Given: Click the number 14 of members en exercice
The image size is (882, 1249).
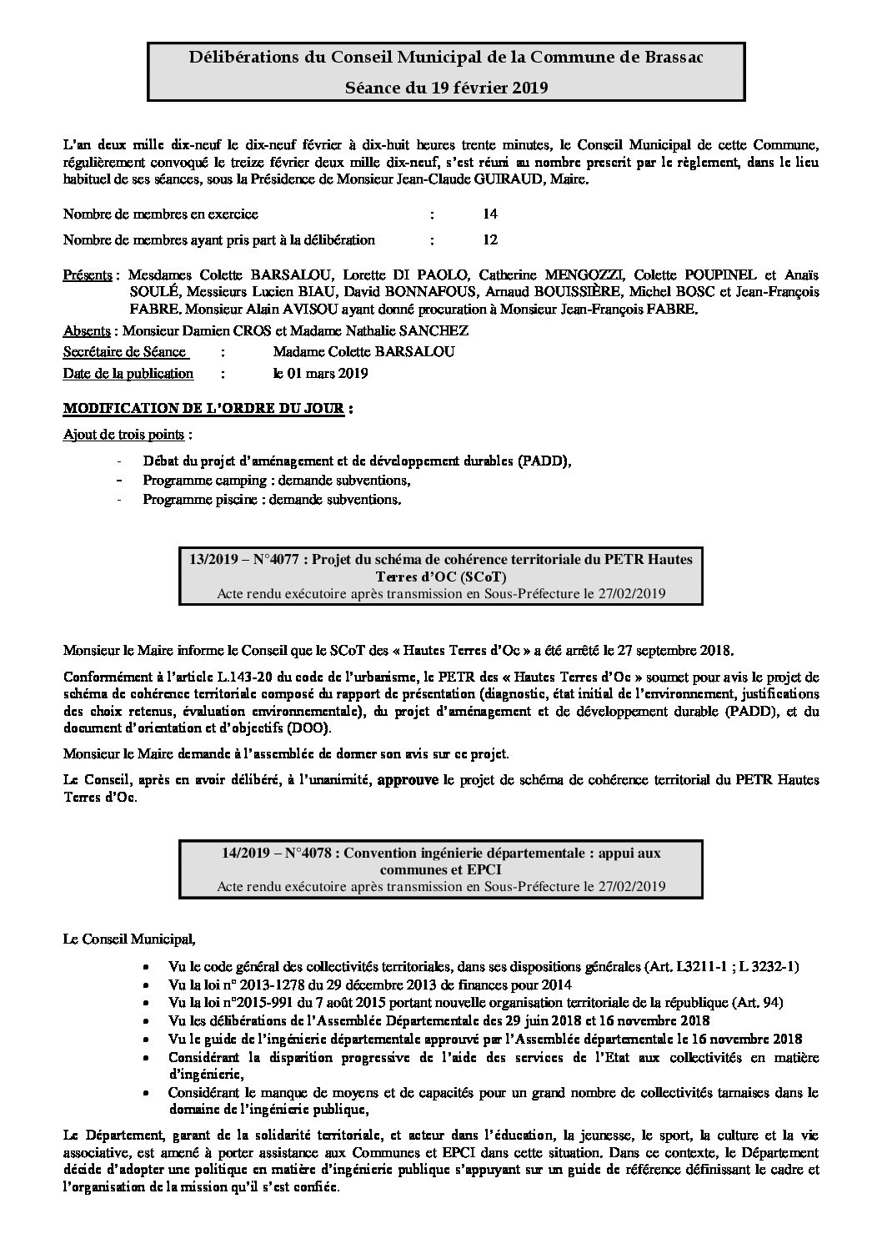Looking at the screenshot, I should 489,214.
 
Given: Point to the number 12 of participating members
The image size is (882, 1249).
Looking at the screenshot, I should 489,240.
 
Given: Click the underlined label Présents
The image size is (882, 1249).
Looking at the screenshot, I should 88,275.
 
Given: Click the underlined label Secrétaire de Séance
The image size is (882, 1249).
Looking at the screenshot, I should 124,352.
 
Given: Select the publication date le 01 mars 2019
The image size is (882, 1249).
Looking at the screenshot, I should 320,374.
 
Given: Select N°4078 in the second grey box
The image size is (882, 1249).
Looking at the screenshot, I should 310,853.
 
